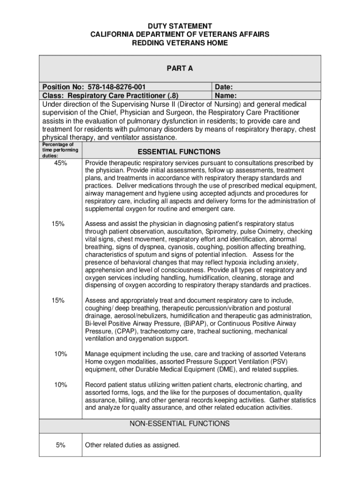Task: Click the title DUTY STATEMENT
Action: coord(180,26)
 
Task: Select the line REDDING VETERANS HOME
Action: coord(180,43)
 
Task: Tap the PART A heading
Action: coord(180,69)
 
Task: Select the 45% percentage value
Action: coord(60,163)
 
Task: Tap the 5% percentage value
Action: coord(60,445)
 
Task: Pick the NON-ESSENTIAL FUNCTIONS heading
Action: coord(180,424)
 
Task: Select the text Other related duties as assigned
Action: coord(132,445)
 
